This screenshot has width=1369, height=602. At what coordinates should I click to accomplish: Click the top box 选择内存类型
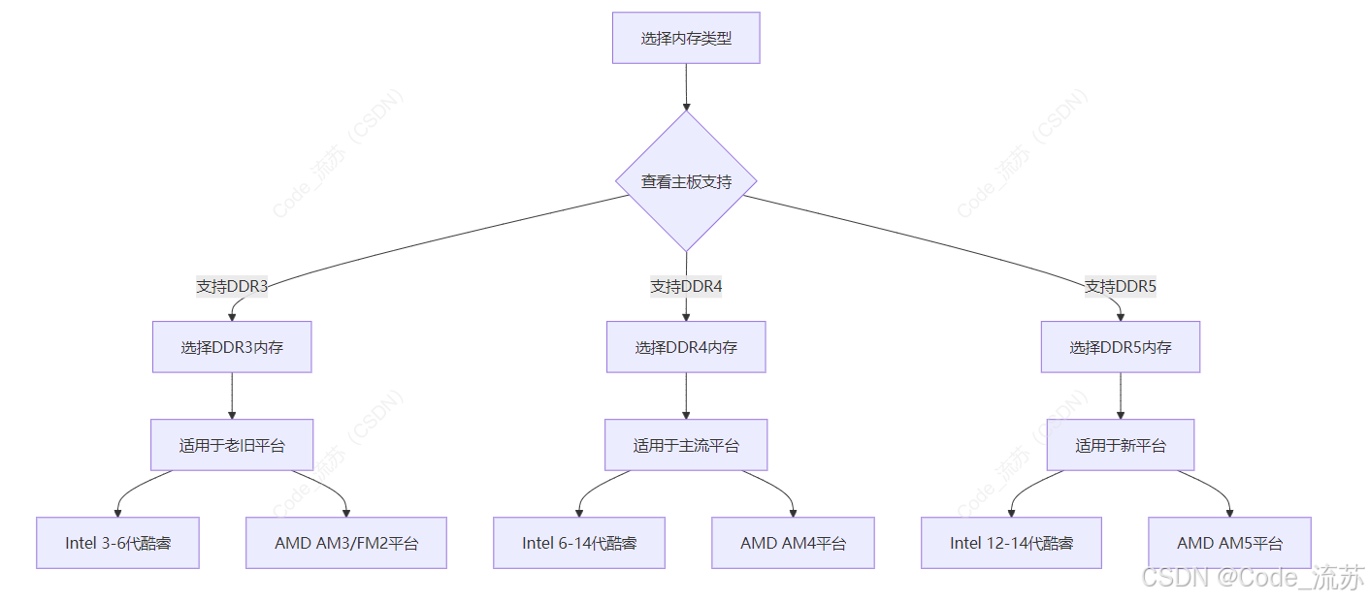point(686,38)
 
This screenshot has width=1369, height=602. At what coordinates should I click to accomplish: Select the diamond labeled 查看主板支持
point(686,181)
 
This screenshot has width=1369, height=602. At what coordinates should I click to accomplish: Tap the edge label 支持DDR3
point(232,286)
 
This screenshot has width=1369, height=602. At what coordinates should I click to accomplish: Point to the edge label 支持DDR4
point(686,286)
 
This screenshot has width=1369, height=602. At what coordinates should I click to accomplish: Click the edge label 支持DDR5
point(1121,286)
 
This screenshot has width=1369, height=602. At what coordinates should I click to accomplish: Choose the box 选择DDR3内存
point(232,347)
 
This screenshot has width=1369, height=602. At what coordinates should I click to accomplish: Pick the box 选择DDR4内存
point(686,347)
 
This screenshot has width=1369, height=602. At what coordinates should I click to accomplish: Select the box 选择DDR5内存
point(1121,347)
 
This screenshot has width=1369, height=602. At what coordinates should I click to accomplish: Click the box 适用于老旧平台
point(232,445)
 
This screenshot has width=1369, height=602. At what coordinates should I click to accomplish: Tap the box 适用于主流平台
point(686,445)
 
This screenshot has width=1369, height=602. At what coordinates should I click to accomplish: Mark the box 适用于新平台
point(1121,445)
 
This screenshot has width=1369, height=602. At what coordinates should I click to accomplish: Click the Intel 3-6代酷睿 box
point(117,543)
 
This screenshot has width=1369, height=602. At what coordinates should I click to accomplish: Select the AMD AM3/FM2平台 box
point(346,543)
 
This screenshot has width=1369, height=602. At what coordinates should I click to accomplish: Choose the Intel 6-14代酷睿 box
point(579,543)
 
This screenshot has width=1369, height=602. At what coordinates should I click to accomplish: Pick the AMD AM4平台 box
point(793,543)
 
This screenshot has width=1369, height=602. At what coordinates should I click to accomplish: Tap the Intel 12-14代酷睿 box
point(1011,543)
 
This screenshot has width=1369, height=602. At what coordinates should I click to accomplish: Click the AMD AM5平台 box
point(1229,543)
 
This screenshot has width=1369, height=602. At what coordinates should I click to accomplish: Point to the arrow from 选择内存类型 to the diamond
point(686,87)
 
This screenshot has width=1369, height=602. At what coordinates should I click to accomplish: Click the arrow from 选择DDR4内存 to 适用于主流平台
point(686,396)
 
